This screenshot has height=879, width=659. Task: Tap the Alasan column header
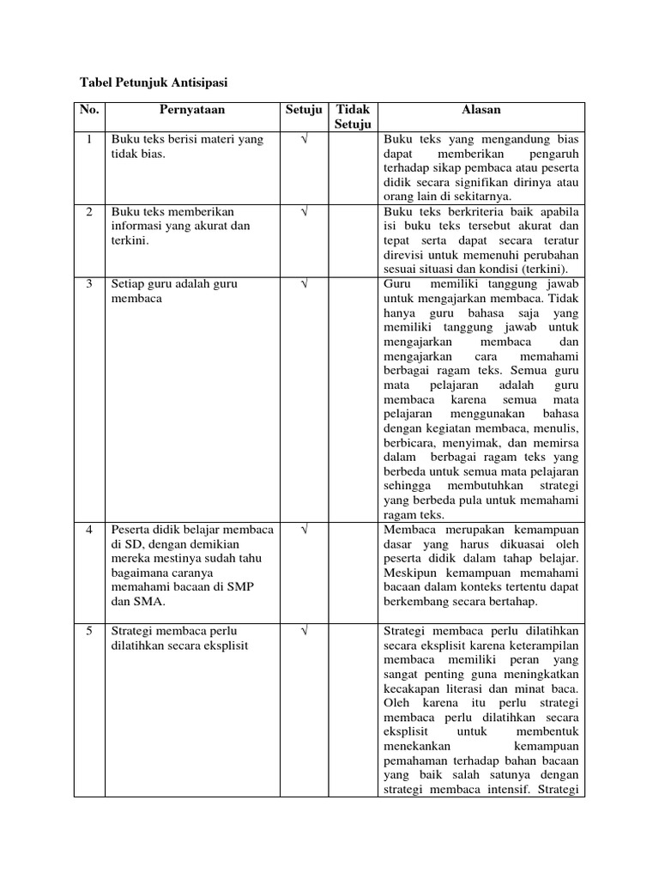[x=481, y=111]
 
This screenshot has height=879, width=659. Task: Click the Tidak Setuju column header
[x=351, y=118]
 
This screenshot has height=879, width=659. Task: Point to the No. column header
[x=89, y=111]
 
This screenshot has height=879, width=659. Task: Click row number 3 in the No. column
[x=89, y=283]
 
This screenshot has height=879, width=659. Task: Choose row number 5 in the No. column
[x=89, y=632]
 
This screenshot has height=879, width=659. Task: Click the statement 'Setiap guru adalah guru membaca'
[x=174, y=291]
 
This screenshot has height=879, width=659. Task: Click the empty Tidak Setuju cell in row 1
[x=351, y=167]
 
